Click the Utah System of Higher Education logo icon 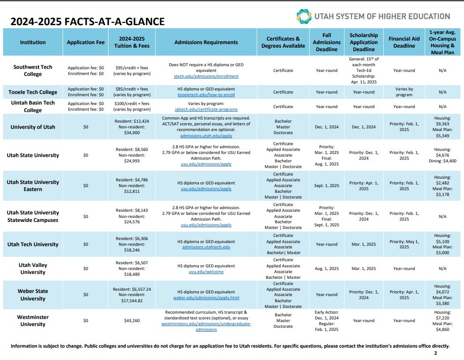304,16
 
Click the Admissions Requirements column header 206,42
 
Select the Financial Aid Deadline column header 404,42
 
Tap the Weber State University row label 33,295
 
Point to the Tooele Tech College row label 33,92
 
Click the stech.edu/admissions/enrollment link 206,76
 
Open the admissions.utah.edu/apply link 206,136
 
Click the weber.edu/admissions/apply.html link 206,298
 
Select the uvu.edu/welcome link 206,272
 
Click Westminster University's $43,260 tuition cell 132,321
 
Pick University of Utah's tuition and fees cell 132,127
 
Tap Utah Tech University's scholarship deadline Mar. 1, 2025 364,244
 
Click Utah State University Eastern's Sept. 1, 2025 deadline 327,186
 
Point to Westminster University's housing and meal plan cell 442,321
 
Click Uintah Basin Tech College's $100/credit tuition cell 132,107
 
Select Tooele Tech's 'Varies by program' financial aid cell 404,92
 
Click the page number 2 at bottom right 436,353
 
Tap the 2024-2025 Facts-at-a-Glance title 88,22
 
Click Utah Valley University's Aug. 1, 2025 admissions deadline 327,269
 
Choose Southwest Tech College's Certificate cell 283,71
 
